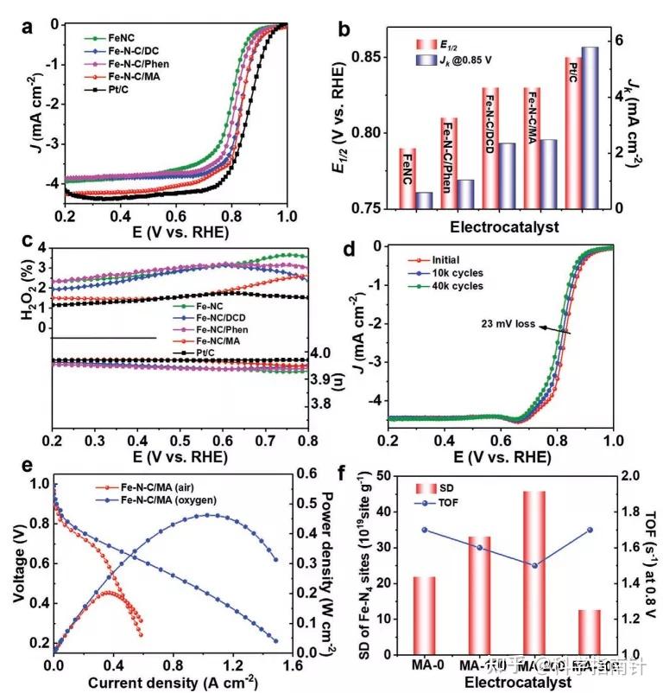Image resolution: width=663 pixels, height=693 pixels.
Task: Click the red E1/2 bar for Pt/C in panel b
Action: pos(571,133)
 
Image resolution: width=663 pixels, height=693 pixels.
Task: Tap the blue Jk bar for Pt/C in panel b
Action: pos(590,128)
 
